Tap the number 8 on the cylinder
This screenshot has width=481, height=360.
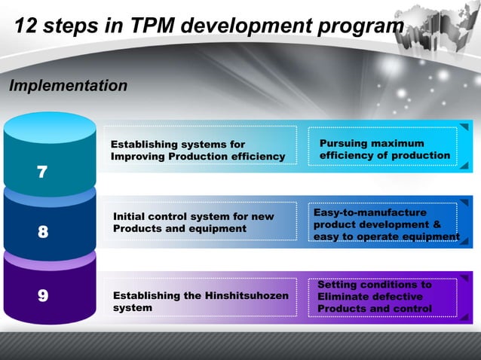42,233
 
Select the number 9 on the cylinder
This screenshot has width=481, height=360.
42,295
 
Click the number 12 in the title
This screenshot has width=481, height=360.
27,27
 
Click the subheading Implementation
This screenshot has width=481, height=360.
68,86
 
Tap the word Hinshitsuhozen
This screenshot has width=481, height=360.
246,296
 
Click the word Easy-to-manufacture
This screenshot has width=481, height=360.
369,213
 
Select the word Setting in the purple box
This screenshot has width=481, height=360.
339,285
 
